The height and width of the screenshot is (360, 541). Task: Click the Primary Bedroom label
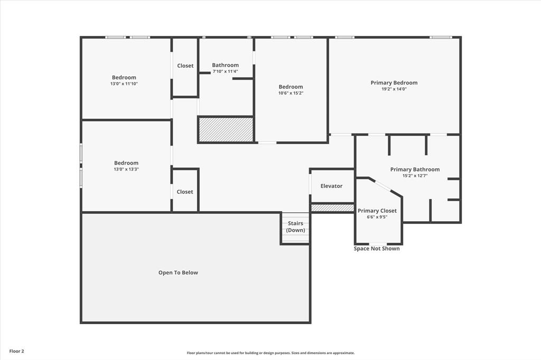coord(394,83)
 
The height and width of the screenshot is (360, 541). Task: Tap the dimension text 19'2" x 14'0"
coord(394,89)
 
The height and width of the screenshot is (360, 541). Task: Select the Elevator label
coord(331,186)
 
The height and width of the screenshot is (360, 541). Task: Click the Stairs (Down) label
coord(295,227)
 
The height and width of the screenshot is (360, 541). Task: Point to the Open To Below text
coord(178,273)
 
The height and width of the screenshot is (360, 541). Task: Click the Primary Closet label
coord(377,211)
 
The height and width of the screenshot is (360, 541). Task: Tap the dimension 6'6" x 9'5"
coord(377,217)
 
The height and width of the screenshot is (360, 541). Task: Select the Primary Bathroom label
coord(415,169)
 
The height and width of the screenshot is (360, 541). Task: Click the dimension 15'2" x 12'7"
coord(415,176)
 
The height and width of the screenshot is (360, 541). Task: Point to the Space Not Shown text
coord(377,249)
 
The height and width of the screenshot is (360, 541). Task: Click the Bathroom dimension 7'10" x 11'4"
coord(225,71)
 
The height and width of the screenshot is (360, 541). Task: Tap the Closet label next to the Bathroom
coord(185,66)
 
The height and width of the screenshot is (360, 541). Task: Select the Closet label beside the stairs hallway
coord(185,192)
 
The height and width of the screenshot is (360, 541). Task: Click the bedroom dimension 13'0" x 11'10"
coord(124,84)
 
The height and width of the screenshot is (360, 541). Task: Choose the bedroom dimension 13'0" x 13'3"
coord(126,169)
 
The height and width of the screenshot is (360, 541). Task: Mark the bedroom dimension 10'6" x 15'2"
coord(291,93)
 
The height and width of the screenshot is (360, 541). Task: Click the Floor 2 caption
coord(16,351)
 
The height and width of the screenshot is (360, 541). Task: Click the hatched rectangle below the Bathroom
coord(226,130)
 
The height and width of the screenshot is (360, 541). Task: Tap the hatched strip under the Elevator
coord(332,209)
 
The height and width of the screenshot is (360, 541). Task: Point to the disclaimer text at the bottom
coord(270,353)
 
